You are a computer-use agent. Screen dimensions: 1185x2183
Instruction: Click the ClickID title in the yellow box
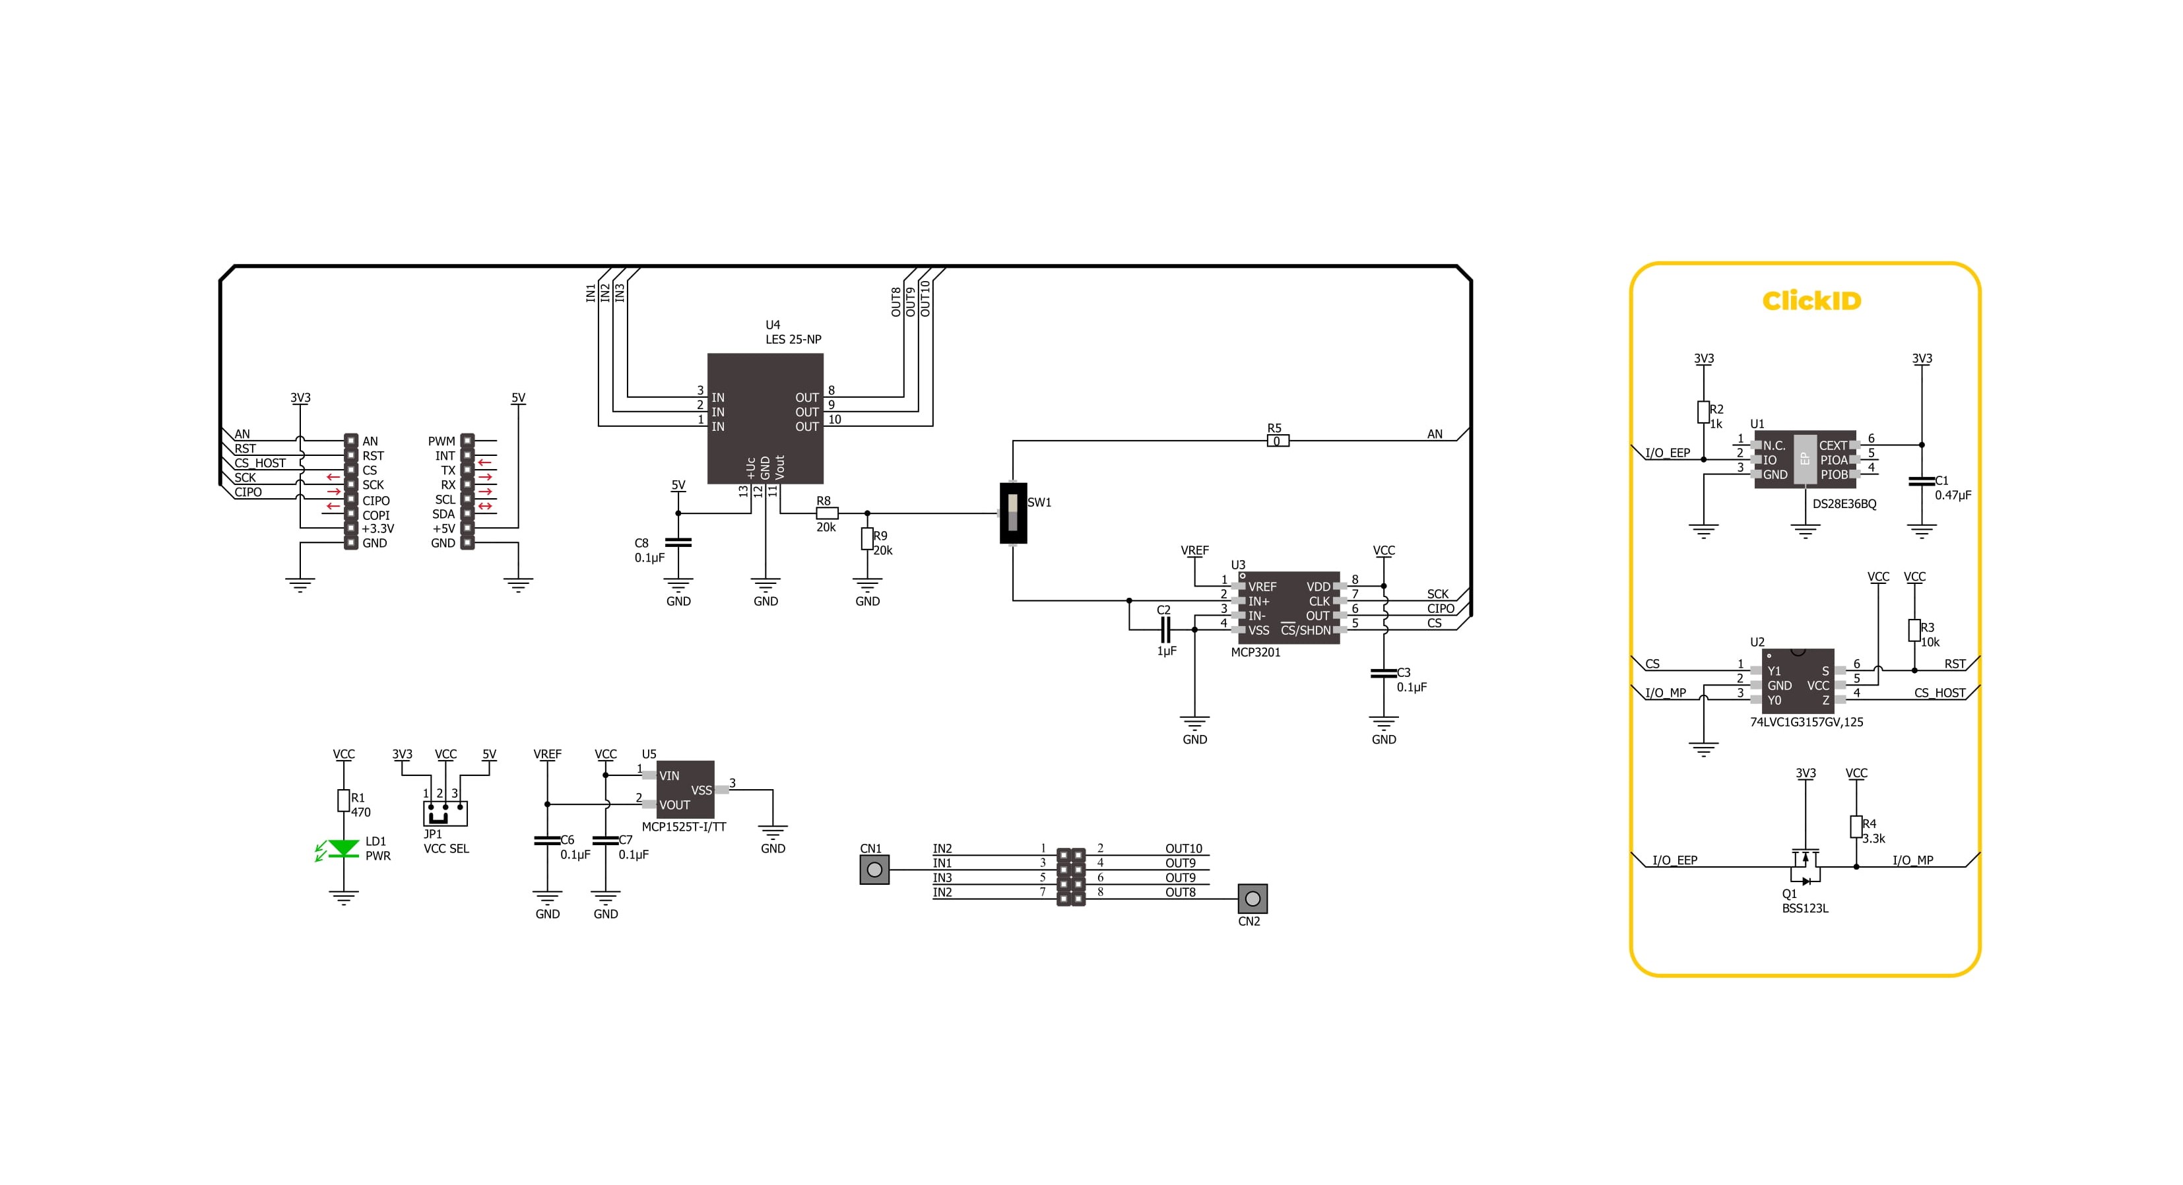(1811, 301)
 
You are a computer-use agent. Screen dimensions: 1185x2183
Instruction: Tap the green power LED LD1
(343, 848)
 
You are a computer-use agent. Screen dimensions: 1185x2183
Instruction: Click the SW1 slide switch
(1013, 513)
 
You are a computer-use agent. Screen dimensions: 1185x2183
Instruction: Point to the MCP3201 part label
(1255, 653)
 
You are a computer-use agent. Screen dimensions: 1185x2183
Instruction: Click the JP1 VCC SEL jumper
(445, 813)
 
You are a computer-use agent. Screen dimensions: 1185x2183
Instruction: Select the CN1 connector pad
(874, 870)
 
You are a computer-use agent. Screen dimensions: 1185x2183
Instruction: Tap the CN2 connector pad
(1252, 899)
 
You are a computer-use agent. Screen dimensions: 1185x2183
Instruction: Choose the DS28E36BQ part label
(1844, 504)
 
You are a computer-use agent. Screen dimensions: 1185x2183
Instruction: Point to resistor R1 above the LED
(343, 800)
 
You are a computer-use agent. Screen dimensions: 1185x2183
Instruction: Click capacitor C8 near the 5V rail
(678, 542)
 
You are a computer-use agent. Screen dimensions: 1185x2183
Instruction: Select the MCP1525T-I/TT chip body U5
(685, 789)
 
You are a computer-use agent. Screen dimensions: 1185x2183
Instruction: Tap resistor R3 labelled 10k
(1914, 630)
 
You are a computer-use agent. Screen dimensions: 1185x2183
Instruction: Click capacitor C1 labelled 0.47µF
(1921, 481)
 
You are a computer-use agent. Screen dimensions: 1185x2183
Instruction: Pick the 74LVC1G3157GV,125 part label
(1806, 722)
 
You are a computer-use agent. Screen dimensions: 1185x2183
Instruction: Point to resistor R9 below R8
(867, 538)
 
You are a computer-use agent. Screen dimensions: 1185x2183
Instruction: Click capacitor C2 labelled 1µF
(1165, 629)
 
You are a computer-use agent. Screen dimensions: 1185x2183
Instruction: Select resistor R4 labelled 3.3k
(1856, 827)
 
